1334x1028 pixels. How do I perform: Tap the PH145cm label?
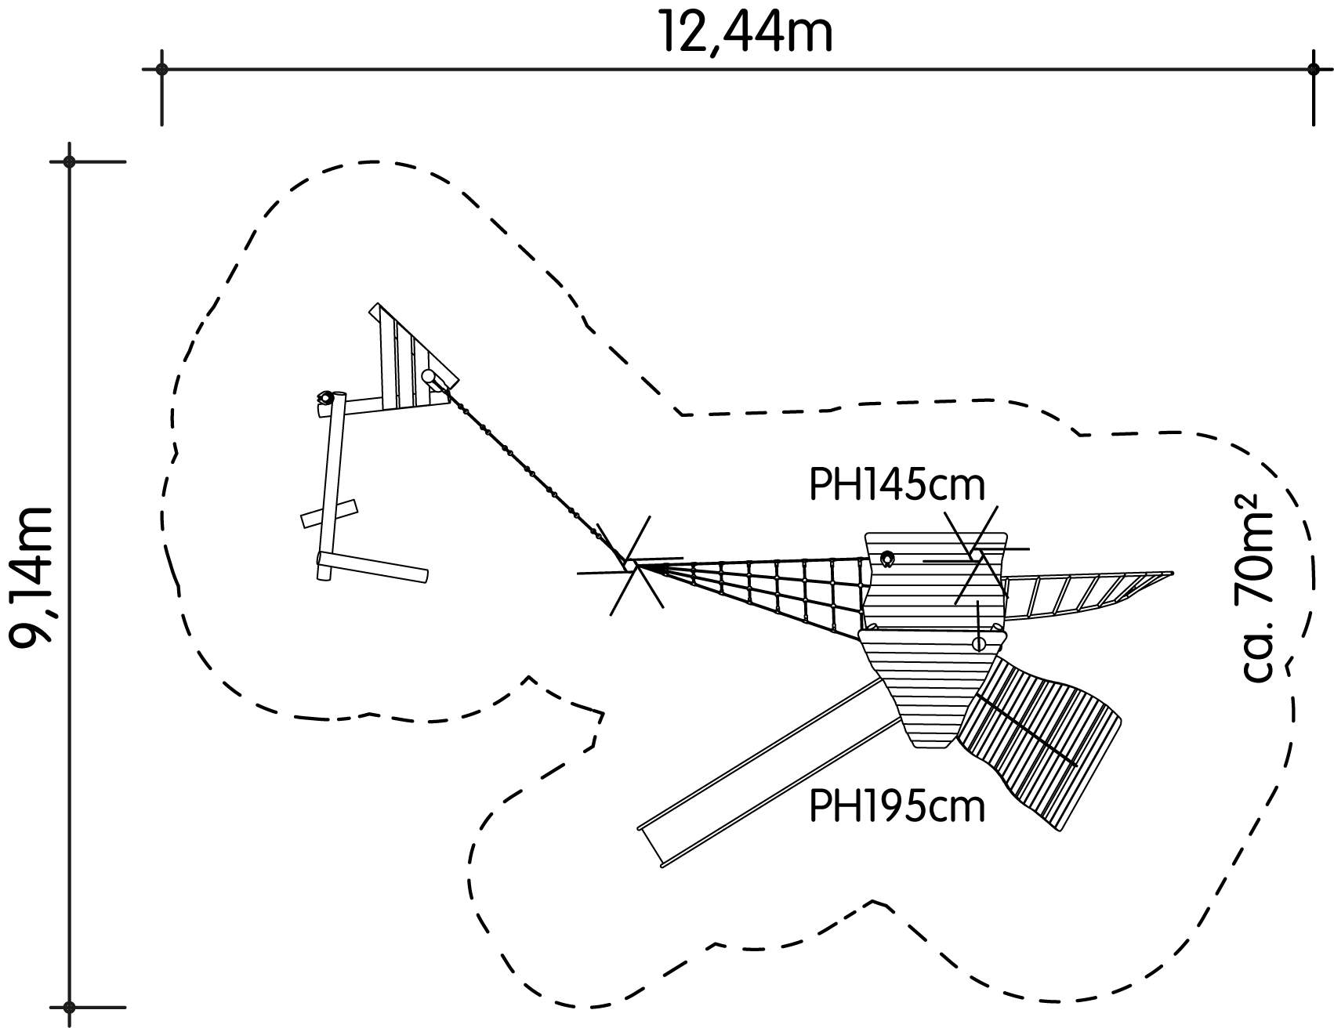point(897,486)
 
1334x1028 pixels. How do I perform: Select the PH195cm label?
point(897,806)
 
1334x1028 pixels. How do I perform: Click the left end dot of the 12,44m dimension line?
point(161,69)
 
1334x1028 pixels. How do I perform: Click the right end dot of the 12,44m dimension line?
point(1314,69)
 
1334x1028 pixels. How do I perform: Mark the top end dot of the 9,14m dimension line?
point(70,162)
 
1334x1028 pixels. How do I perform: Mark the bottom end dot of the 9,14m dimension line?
point(70,1007)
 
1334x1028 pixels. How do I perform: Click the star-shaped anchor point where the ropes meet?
point(630,564)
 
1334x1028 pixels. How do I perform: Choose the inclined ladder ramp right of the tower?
point(1086,595)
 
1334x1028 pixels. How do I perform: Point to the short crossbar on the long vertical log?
point(329,512)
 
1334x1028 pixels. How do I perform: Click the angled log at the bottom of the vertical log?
point(373,566)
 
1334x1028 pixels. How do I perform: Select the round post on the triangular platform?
point(429,377)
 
